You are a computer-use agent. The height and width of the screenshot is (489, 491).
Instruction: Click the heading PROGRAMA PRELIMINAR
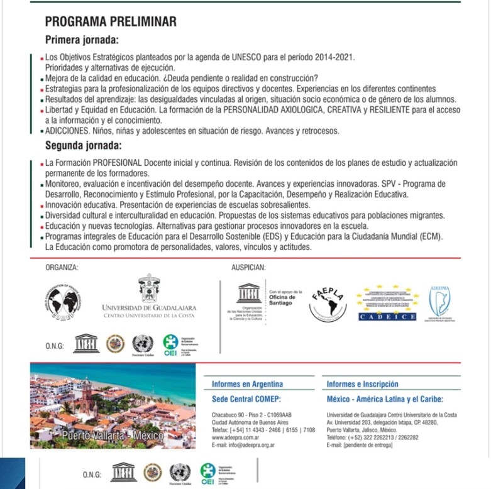[x=111, y=22]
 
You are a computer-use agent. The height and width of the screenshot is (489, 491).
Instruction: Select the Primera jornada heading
[x=82, y=40]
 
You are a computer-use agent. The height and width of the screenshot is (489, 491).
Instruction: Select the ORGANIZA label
[x=62, y=267]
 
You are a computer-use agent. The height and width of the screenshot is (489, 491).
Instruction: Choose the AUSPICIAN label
[x=248, y=267]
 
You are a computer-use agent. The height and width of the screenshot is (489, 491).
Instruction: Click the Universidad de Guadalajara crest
[x=149, y=289]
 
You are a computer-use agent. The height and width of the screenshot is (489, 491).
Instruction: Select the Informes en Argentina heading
[x=248, y=384]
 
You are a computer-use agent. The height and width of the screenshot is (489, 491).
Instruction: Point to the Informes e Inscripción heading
[x=362, y=384]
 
